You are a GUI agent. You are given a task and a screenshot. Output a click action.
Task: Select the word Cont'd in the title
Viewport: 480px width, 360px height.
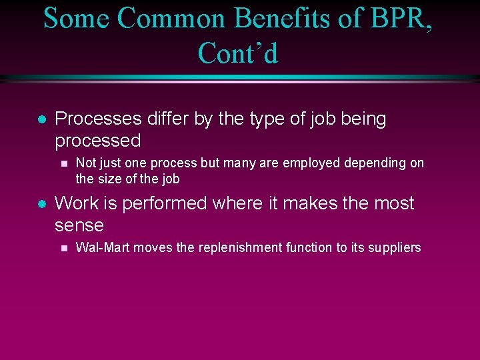(x=238, y=53)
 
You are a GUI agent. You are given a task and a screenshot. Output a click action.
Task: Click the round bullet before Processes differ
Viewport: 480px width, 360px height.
(x=41, y=120)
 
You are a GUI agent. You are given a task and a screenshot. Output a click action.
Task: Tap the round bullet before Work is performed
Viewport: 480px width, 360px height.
(x=41, y=204)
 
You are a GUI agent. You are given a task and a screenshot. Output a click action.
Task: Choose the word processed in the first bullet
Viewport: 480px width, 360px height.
(x=98, y=141)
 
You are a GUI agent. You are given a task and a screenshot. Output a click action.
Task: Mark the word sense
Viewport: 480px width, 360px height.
(x=79, y=225)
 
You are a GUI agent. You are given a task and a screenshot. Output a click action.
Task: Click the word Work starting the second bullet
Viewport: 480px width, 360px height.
(x=75, y=203)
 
